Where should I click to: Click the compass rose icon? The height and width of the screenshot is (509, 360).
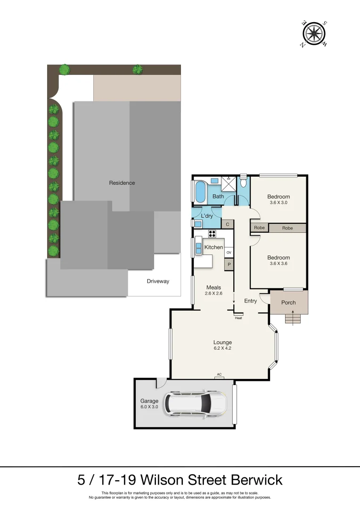coord(314,34)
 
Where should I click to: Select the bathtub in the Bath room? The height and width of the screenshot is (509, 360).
coord(200,191)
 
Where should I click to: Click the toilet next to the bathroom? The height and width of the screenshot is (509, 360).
coord(243,181)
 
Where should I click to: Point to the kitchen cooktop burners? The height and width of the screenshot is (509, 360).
coord(212,233)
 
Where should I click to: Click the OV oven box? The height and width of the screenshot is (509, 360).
coord(229,253)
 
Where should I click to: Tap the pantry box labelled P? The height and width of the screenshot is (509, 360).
coord(229,264)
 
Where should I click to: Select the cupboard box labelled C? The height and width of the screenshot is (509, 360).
coord(228,225)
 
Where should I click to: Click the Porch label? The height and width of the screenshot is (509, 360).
coord(288,303)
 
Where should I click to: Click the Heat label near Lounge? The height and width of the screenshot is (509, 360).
coord(238,318)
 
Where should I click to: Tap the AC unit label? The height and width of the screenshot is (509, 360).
coord(219,375)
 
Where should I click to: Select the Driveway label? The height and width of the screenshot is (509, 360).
coord(157,281)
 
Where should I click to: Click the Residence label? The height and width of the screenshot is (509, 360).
coord(122,183)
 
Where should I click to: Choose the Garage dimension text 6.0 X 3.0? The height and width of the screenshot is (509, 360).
coord(149,407)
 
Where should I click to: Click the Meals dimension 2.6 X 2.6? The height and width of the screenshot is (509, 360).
coord(213,293)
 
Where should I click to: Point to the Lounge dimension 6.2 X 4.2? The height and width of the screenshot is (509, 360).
coord(222,349)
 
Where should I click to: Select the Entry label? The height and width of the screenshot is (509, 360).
coord(251,301)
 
